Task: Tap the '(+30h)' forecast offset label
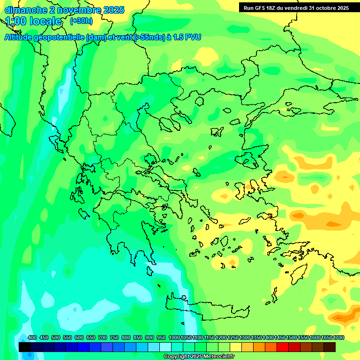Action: (81, 21)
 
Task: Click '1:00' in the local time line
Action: (16, 21)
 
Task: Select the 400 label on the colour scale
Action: (32, 338)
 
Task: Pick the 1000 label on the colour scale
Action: (174, 338)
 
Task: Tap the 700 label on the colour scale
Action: (103, 338)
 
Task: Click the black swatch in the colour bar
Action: (25, 347)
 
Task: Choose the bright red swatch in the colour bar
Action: (283, 347)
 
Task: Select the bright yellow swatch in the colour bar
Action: (236, 347)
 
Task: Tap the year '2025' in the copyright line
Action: (194, 357)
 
